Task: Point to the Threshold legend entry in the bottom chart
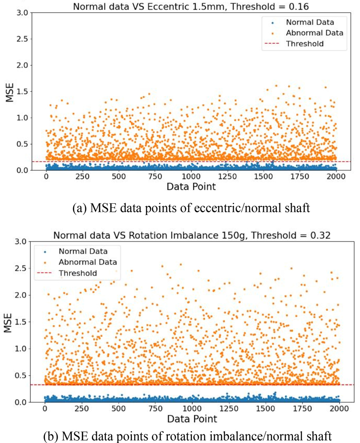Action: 74,273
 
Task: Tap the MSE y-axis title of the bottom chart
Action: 8,322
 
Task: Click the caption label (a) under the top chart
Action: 79,208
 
